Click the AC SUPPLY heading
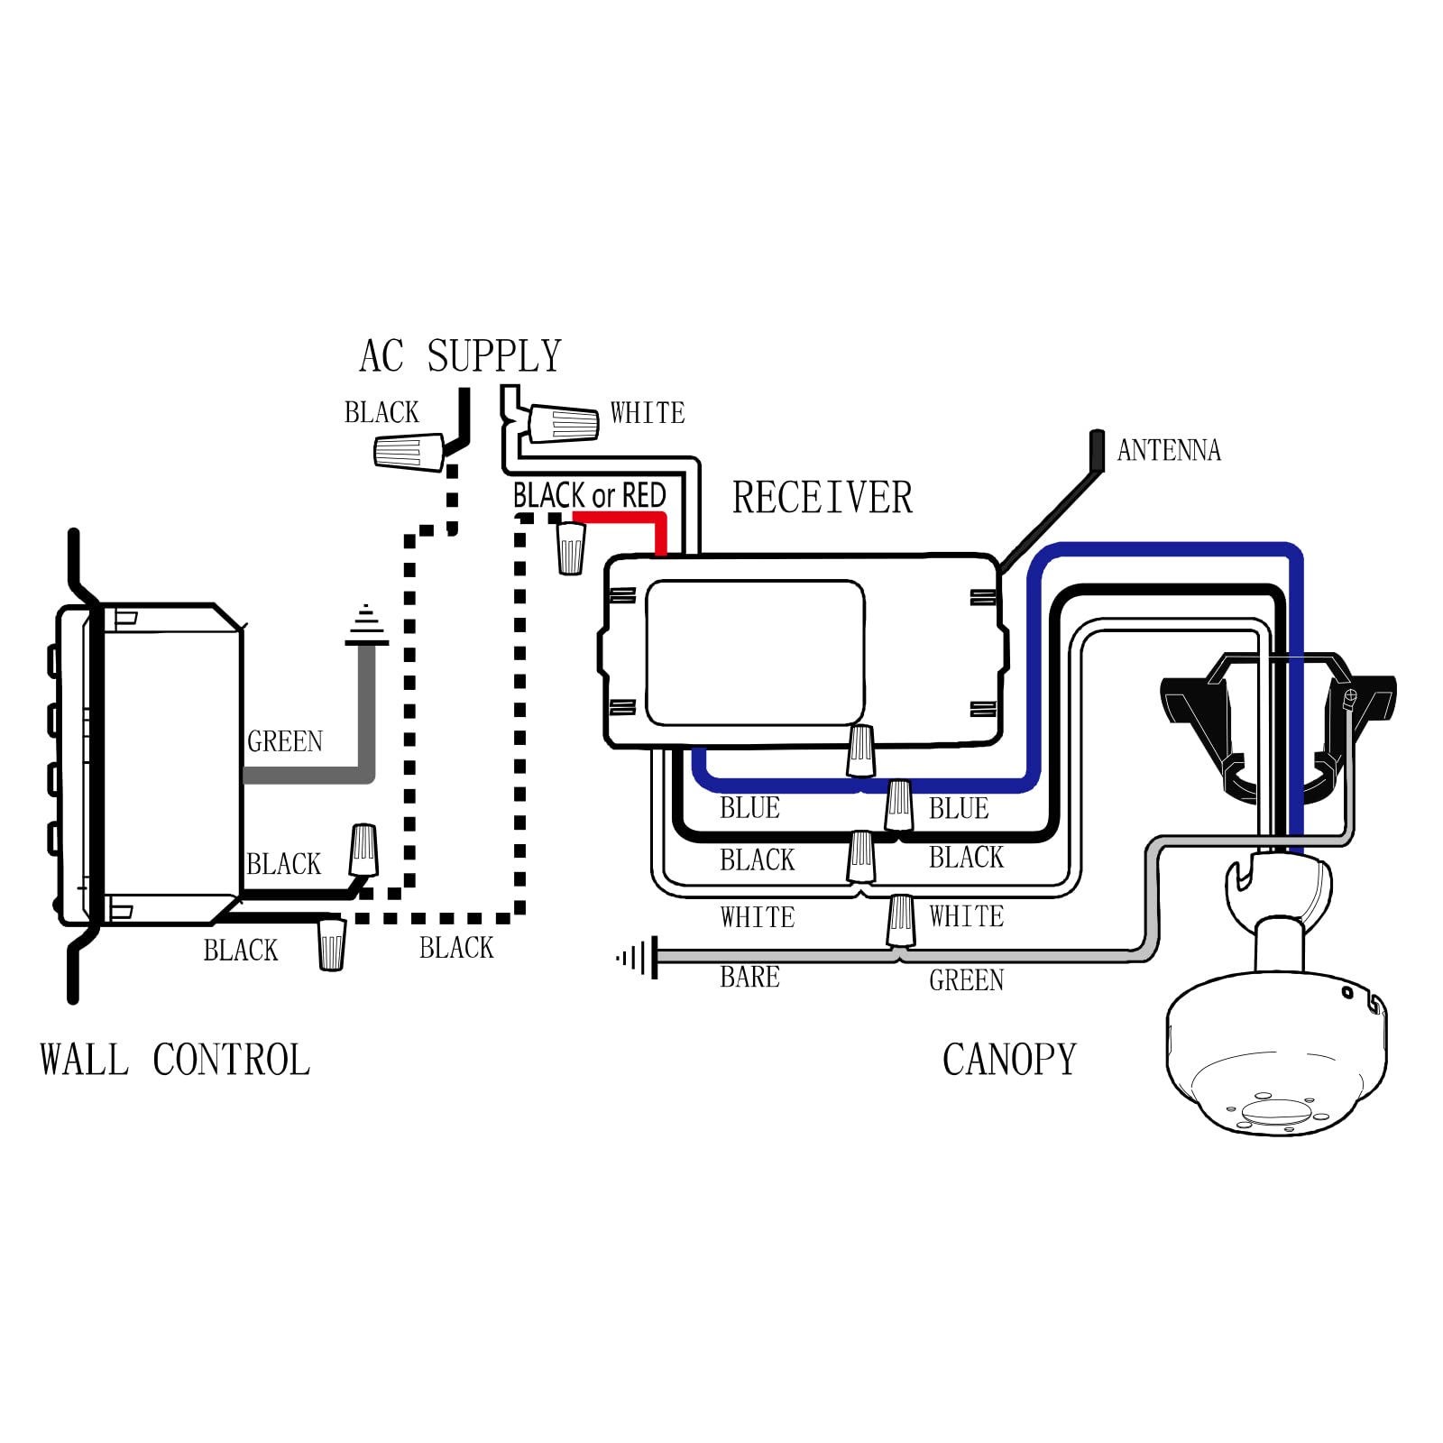tap(460, 355)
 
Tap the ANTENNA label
tap(1169, 450)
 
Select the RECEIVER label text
tap(822, 497)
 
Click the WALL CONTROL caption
tap(175, 1060)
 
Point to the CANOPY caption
tap(1009, 1059)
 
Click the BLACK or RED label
tap(589, 495)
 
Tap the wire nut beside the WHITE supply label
tap(563, 424)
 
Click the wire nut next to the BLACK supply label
tap(409, 451)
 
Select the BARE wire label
tap(749, 977)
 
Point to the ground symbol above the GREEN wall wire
tap(366, 625)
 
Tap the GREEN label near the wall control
tap(285, 741)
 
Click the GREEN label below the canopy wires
tap(966, 979)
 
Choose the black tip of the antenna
tap(1097, 449)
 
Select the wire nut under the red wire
tap(571, 547)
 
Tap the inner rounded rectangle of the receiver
tap(755, 652)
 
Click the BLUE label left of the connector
tap(749, 807)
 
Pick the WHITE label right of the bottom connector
tap(966, 916)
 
